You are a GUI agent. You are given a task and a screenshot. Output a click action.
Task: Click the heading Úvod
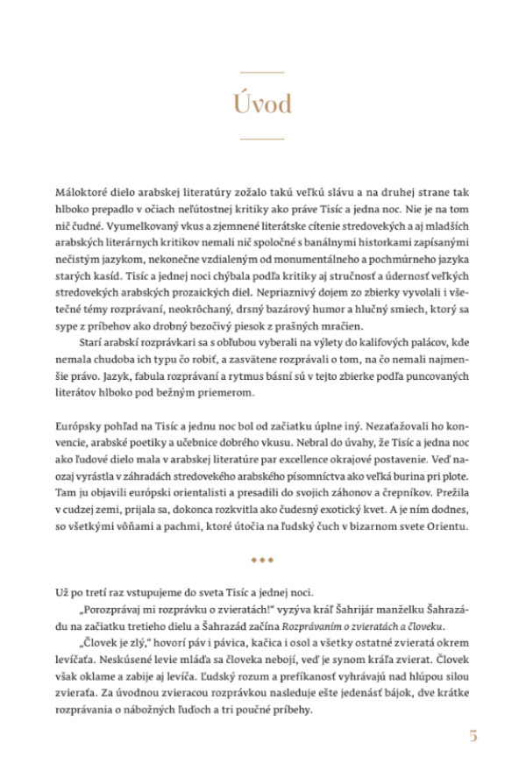[262, 104]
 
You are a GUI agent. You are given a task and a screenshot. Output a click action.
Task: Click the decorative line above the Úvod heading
[262, 71]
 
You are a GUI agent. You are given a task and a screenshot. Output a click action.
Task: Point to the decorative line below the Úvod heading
[262, 139]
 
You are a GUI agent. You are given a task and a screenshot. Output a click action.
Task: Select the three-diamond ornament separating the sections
[263, 558]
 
